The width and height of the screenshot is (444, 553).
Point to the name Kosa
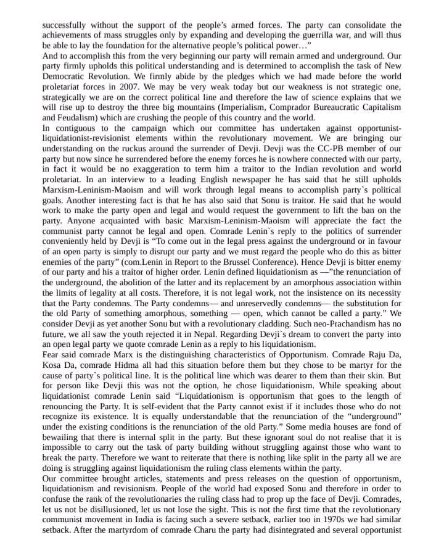52,365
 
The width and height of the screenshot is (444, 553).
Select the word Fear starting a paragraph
52,354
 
